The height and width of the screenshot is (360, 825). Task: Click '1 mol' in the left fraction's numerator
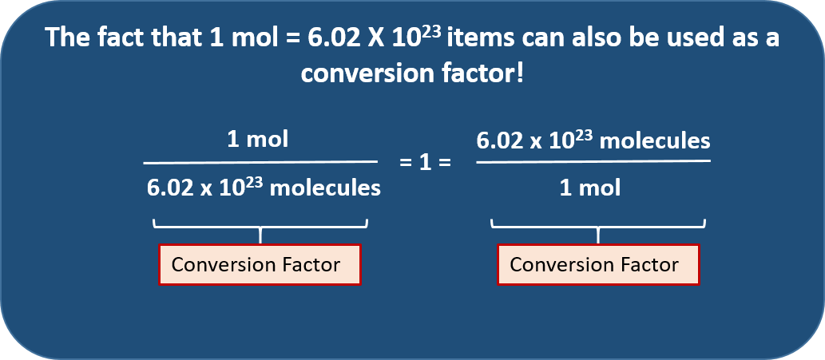click(x=258, y=140)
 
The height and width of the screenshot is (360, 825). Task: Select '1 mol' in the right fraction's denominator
click(x=590, y=188)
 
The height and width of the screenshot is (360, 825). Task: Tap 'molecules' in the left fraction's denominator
click(x=325, y=188)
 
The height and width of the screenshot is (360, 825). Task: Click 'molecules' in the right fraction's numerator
click(x=655, y=140)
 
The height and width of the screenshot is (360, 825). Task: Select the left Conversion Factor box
click(x=260, y=264)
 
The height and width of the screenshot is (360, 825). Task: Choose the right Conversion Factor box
click(x=598, y=264)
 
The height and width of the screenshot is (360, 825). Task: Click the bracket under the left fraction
click(x=260, y=227)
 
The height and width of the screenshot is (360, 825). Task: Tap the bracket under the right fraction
click(x=598, y=227)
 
